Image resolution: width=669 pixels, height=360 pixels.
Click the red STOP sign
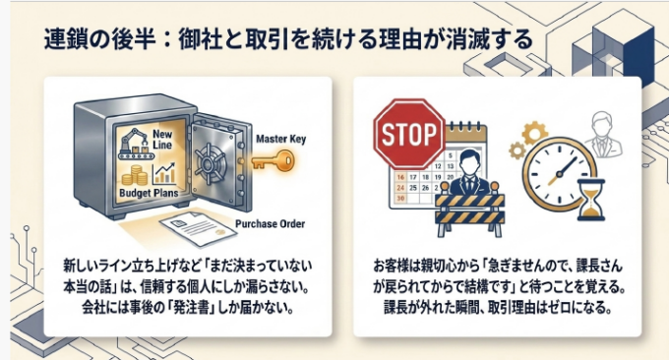click(x=409, y=134)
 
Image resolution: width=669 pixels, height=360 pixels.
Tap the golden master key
click(x=274, y=161)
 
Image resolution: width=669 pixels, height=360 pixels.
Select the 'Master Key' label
click(x=280, y=139)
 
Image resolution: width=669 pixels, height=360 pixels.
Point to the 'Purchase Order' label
click(x=271, y=224)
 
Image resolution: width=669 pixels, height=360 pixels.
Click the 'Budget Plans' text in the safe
click(x=149, y=193)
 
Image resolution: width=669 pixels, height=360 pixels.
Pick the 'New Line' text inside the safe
click(x=162, y=140)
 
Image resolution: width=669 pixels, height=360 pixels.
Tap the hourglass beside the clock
click(x=590, y=200)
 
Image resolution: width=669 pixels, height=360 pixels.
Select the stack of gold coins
click(x=134, y=176)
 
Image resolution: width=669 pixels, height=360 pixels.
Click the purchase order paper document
click(x=198, y=229)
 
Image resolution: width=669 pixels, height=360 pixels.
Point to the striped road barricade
click(x=469, y=210)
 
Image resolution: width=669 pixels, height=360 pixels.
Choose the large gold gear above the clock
click(x=534, y=132)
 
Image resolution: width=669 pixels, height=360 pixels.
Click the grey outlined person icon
click(x=602, y=135)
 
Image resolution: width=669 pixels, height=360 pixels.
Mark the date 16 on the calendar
click(x=400, y=177)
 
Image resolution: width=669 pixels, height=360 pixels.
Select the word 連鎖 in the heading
click(x=61, y=39)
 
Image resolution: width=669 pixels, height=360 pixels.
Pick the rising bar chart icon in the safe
click(x=164, y=174)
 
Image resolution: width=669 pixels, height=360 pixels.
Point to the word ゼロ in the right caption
click(x=558, y=307)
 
